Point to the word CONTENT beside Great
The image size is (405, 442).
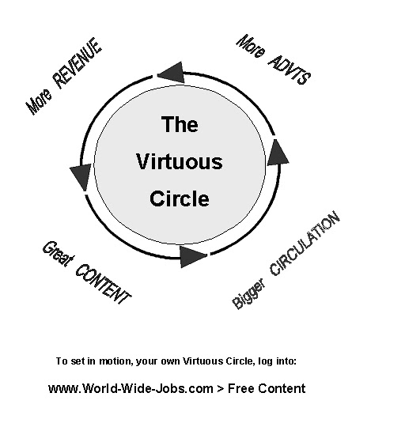pos(102,285)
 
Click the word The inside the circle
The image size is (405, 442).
pos(180,124)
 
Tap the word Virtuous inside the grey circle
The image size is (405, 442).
pos(180,162)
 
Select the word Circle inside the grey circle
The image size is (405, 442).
pos(180,198)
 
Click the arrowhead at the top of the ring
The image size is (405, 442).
pos(170,74)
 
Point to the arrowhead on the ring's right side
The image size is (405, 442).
pos(277,153)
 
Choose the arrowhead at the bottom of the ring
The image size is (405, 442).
pos(192,255)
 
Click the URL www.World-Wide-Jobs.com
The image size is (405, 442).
pos(131,388)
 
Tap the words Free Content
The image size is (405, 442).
pos(267,388)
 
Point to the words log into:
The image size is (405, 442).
pos(278,361)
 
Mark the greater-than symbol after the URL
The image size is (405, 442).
pos(221,388)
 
